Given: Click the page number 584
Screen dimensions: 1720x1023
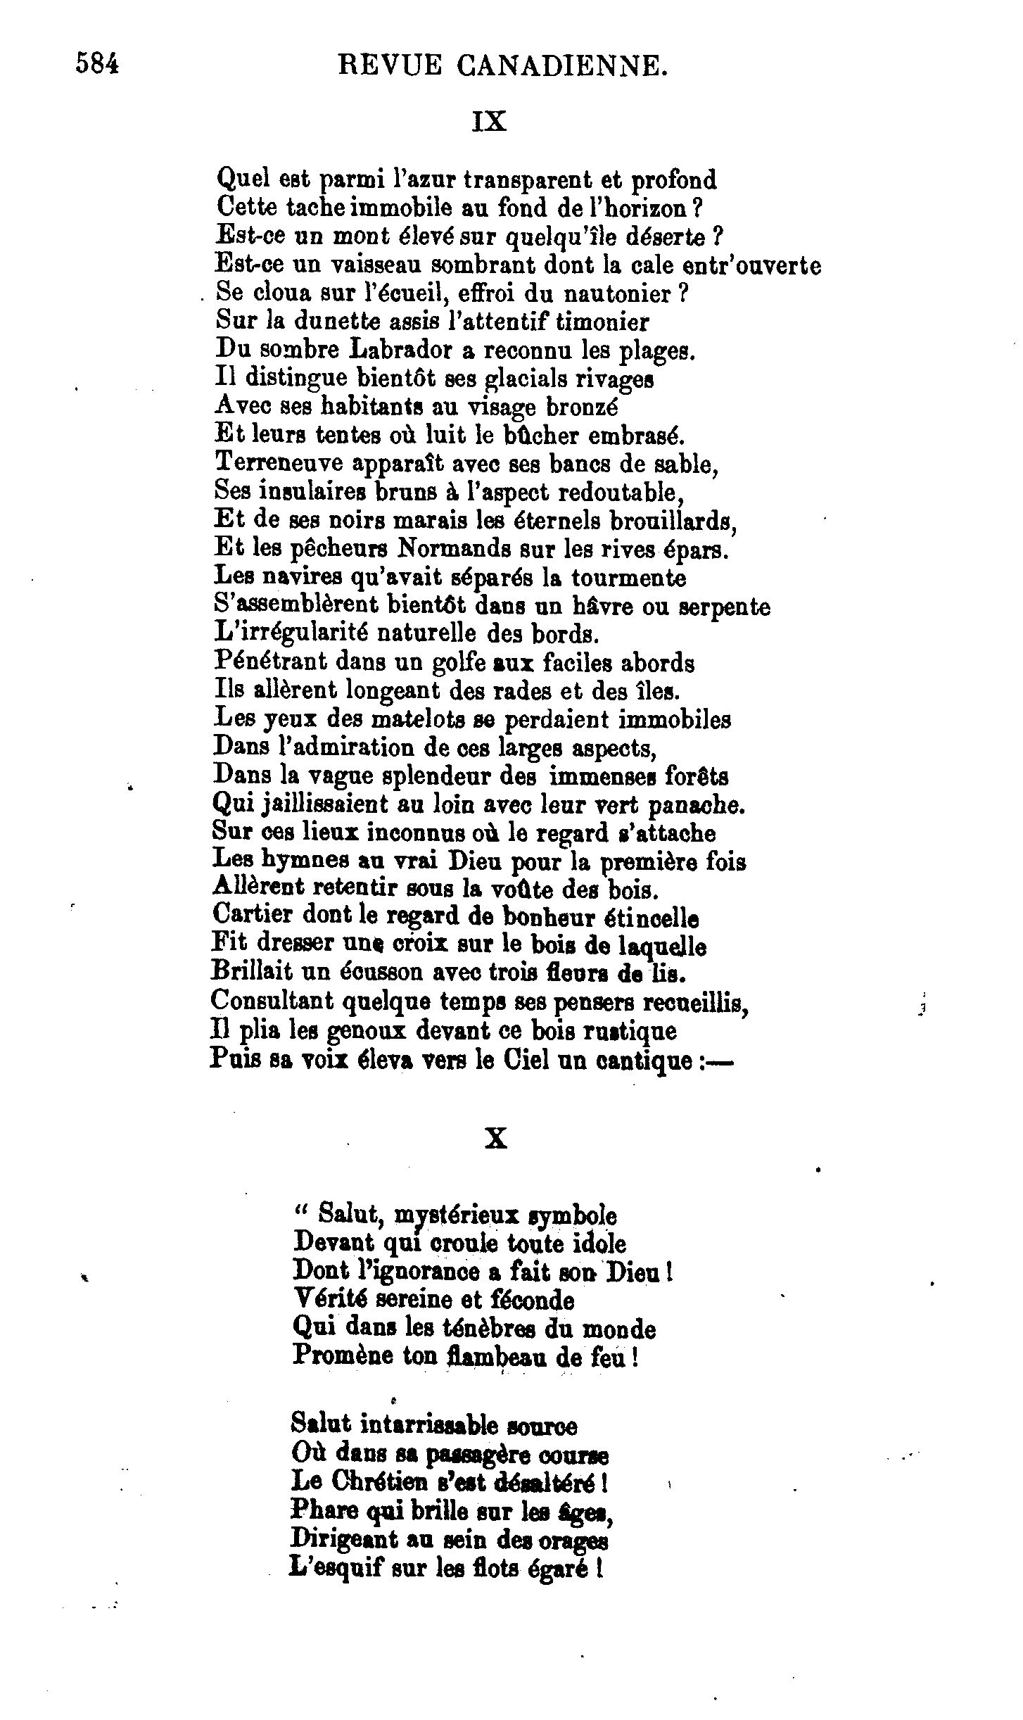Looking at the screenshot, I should pos(98,65).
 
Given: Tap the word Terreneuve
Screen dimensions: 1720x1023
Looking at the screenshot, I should pos(278,464).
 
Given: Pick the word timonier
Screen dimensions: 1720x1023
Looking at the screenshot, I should pos(602,322).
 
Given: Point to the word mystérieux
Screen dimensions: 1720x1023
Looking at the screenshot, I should pos(457,1215).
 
